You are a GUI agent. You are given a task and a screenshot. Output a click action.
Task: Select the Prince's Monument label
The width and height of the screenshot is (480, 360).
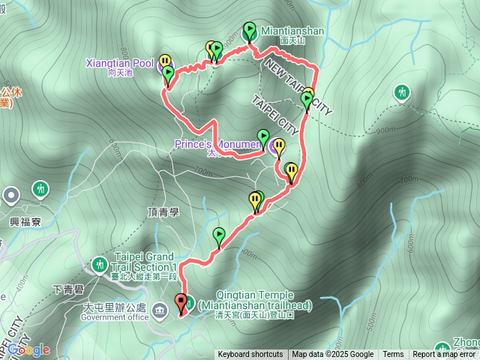(x=217, y=143)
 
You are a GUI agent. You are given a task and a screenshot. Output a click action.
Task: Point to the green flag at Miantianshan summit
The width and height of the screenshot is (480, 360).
(x=249, y=31)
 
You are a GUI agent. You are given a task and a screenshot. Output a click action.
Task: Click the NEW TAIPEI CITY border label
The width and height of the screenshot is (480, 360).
(x=296, y=87)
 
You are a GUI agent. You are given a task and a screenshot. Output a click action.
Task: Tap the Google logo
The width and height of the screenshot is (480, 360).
(x=28, y=349)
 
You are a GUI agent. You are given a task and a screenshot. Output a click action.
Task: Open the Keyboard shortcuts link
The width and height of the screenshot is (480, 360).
(x=250, y=355)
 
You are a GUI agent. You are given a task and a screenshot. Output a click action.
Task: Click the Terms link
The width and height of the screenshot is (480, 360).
(x=393, y=355)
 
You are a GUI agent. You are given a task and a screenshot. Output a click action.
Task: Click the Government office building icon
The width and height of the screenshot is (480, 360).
(x=159, y=310)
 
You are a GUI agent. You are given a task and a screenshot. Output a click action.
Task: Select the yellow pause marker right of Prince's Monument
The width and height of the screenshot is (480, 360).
(x=279, y=145)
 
